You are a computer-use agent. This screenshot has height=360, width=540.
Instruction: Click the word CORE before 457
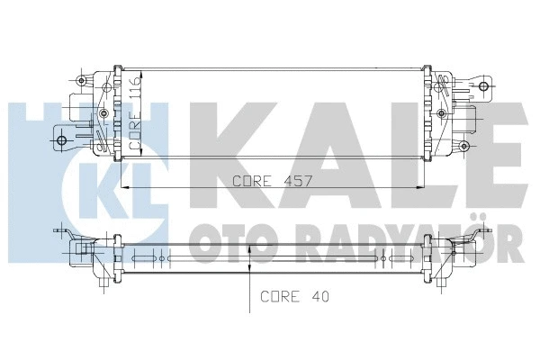point(251,180)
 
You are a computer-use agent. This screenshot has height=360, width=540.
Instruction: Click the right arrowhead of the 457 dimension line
point(424,187)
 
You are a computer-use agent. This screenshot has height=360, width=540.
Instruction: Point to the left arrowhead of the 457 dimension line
point(123,187)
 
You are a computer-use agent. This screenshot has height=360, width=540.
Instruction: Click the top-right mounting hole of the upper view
point(485,87)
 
